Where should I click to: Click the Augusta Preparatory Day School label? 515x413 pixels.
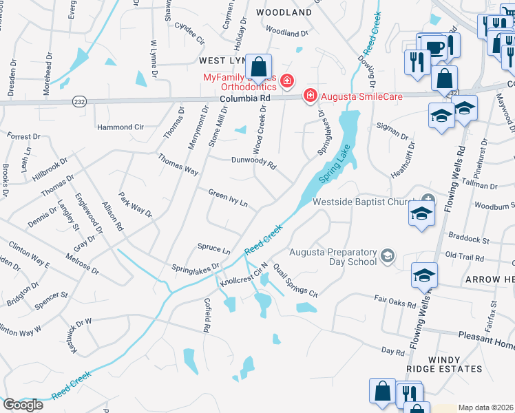pyautogui.click(x=333, y=257)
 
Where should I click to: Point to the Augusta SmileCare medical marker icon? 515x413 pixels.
pyautogui.click(x=311, y=95)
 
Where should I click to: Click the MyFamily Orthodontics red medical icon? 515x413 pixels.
pyautogui.click(x=287, y=83)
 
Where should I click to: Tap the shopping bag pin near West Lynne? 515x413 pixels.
pyautogui.click(x=259, y=67)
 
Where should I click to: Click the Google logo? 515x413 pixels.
pyautogui.click(x=23, y=404)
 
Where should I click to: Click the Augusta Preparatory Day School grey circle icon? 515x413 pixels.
pyautogui.click(x=388, y=257)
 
